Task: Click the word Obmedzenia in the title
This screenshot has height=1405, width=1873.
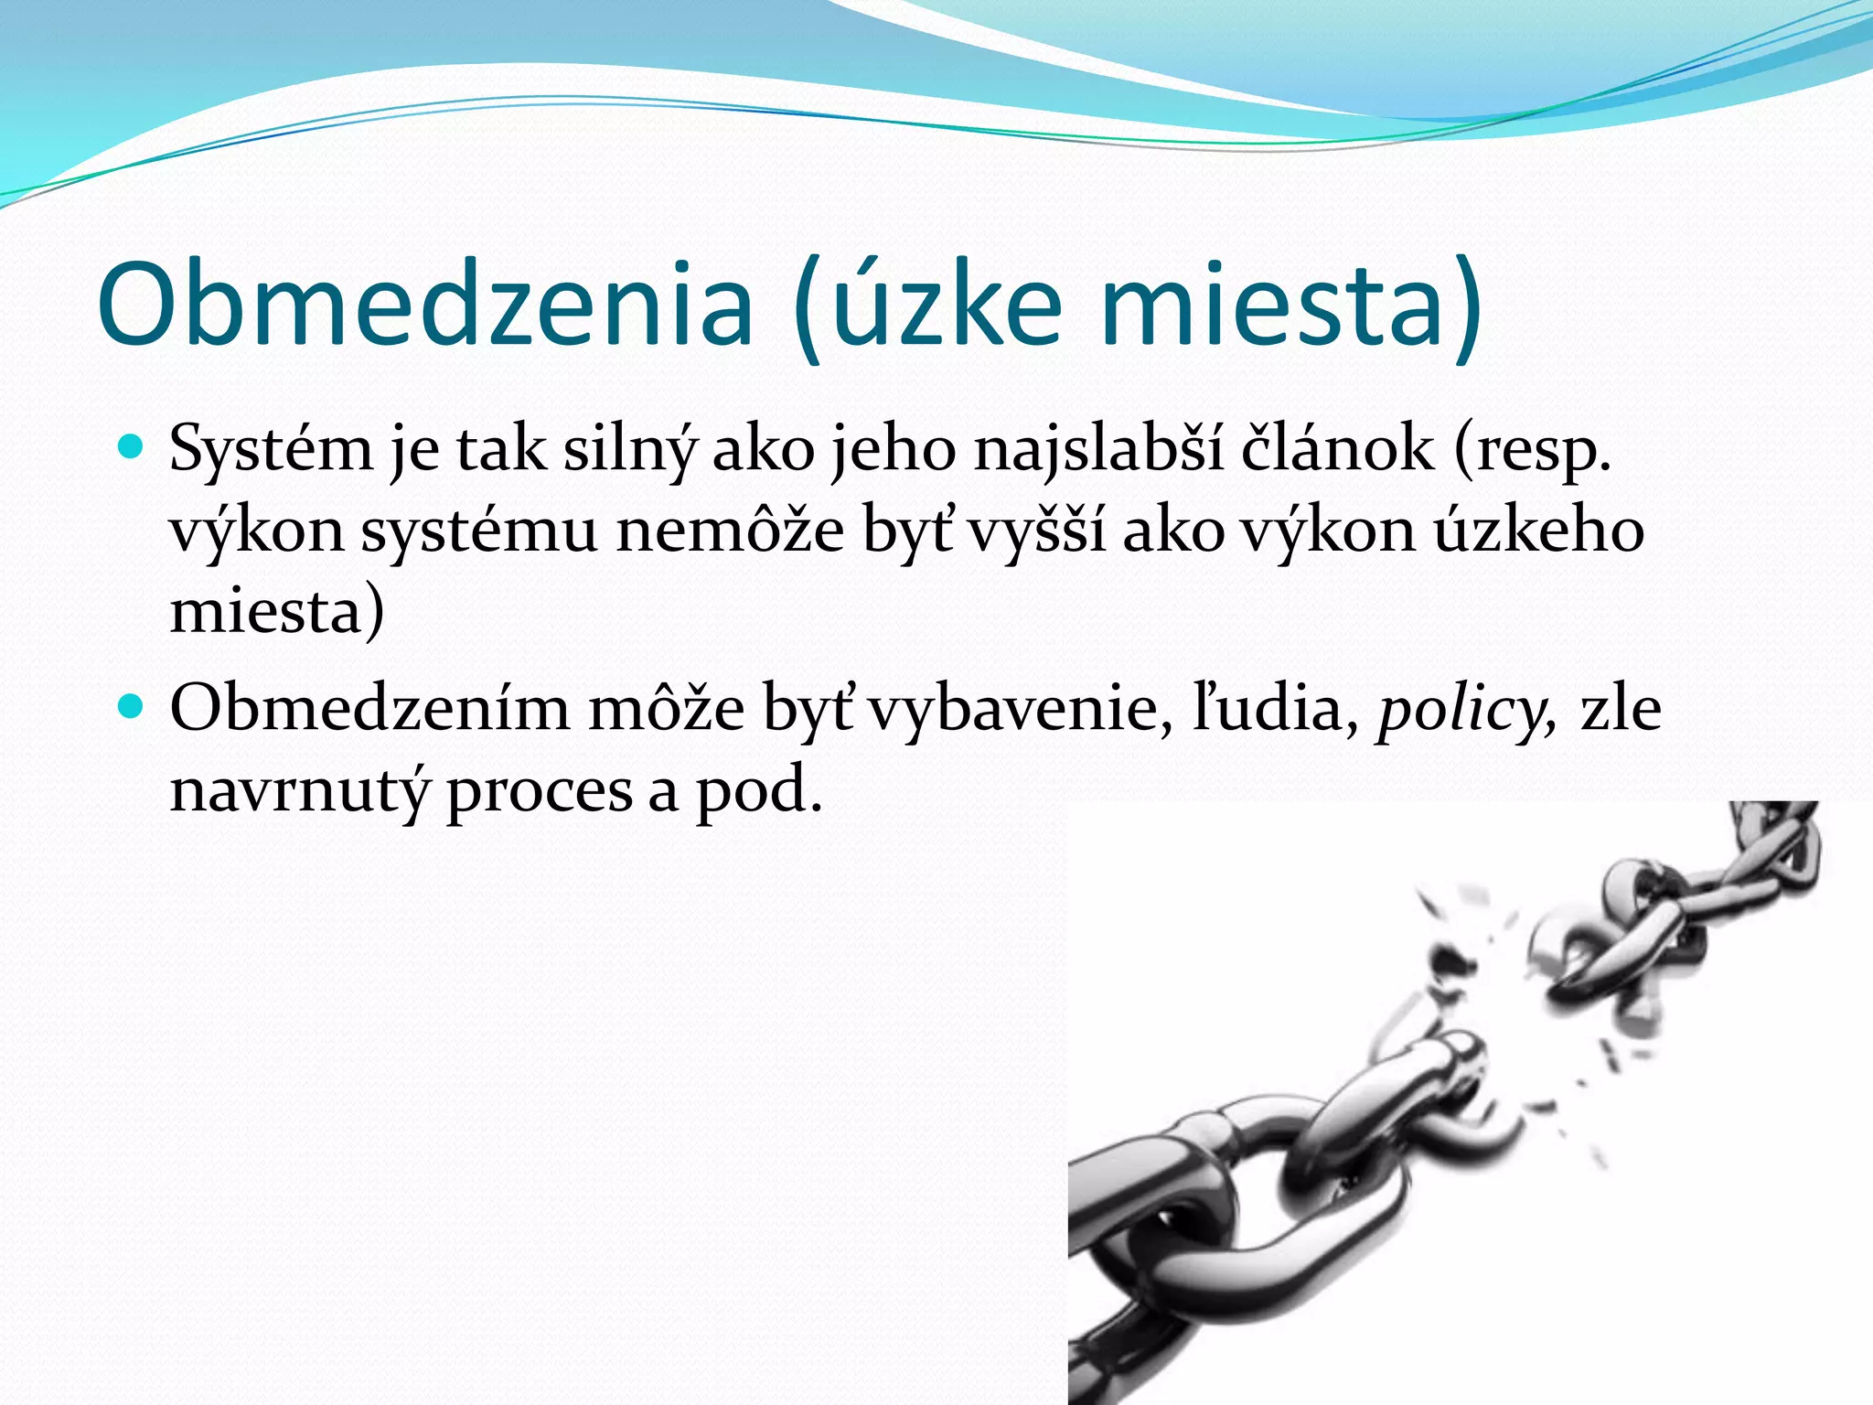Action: coord(424,304)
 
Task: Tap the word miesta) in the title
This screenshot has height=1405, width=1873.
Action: coord(1290,304)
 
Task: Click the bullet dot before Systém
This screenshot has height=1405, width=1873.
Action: coord(133,447)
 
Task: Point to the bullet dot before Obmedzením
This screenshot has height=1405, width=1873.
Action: coord(133,706)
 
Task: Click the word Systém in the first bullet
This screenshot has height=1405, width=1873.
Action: coord(271,450)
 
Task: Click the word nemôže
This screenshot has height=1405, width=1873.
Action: coord(729,531)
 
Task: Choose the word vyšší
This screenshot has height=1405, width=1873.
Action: coord(1036,531)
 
